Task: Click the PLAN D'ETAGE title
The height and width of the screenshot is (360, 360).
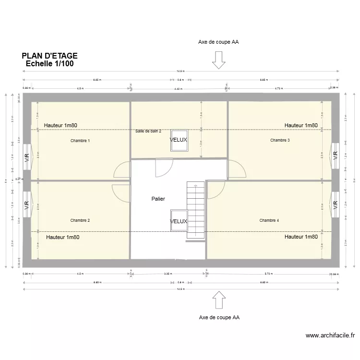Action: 49,56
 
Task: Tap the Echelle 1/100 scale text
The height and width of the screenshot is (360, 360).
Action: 49,63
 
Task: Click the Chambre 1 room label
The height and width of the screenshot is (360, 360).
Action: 80,141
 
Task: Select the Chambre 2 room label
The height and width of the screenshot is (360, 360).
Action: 80,220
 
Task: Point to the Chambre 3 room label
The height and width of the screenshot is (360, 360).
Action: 280,140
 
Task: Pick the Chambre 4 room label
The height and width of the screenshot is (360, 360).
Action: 269,220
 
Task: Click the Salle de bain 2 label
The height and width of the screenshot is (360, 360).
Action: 148,131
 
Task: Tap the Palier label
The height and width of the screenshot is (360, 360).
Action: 158,198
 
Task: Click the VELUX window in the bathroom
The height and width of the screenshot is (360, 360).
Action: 179,140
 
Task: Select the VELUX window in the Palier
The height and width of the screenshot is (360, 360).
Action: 179,221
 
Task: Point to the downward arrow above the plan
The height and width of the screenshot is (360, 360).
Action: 219,60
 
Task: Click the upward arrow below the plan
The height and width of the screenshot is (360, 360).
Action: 219,300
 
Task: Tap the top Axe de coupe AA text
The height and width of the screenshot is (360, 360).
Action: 218,42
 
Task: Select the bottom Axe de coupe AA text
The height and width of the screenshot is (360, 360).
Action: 219,317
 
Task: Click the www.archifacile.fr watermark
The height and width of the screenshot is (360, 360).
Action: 330,336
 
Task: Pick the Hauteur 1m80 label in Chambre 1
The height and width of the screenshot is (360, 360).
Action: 61,125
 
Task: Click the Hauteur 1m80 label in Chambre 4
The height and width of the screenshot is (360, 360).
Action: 301,237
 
